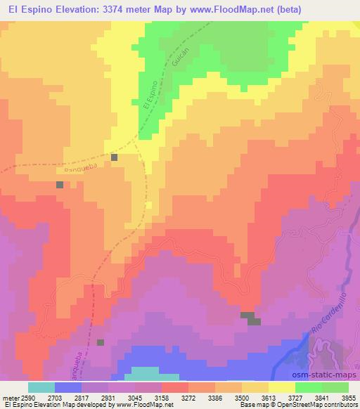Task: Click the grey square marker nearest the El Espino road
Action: [115, 157]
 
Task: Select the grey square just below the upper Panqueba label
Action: [60, 184]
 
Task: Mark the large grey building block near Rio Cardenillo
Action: [250, 318]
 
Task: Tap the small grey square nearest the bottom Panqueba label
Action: [100, 342]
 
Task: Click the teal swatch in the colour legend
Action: [41, 387]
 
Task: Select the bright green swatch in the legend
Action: [309, 387]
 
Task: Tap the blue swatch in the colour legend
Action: [68, 387]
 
